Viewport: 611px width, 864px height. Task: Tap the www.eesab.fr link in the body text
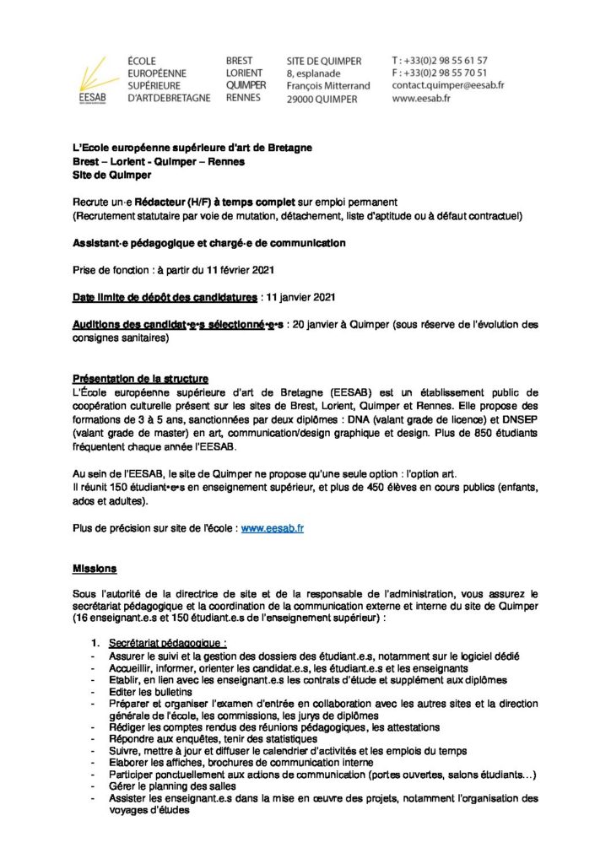pos(272,527)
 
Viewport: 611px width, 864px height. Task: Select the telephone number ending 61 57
pos(440,61)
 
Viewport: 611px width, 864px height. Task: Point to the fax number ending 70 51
pos(440,73)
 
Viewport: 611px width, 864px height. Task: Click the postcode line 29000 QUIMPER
pos(322,99)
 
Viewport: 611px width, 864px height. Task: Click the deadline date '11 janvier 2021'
pos(301,296)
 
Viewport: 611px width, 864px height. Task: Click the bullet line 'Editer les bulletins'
pos(150,692)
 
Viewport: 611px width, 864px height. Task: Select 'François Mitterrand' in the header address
pos(327,86)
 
